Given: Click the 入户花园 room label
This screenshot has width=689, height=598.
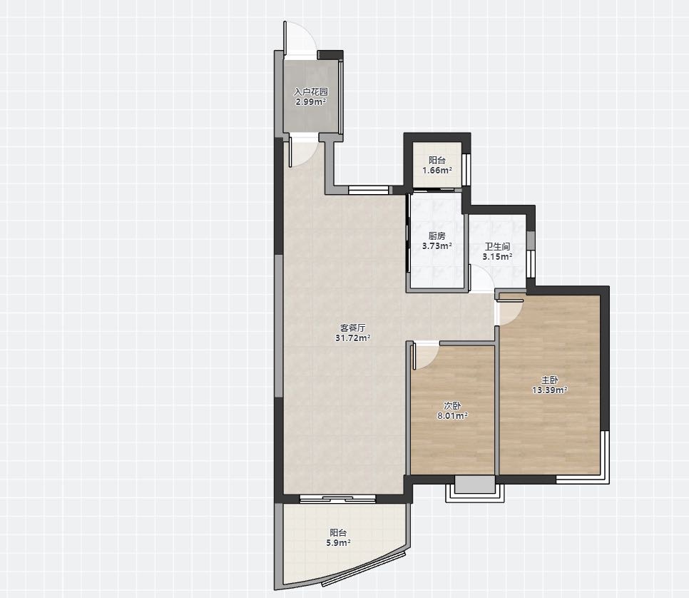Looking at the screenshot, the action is [x=311, y=92].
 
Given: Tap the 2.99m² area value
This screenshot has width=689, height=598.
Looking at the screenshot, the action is [x=311, y=102].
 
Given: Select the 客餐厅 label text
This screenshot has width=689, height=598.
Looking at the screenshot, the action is [x=353, y=328].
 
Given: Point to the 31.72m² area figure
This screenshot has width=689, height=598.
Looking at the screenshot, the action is [x=353, y=338].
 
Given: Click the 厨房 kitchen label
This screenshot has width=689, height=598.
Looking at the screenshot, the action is [x=437, y=236].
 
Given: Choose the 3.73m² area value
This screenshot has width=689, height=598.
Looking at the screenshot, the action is [x=437, y=246].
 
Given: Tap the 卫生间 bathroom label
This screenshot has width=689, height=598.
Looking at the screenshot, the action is [x=497, y=247].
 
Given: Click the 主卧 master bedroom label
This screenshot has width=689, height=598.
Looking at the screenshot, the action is [x=549, y=380].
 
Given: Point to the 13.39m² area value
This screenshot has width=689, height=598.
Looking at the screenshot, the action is [x=549, y=390].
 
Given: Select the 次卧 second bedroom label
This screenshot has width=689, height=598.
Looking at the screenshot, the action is [x=452, y=405].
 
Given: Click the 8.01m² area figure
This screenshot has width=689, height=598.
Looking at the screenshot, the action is [x=452, y=415].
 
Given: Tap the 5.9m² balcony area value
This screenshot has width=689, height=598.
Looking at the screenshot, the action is [x=338, y=543].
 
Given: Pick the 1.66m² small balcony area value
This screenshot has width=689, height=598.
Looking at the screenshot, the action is [x=437, y=170].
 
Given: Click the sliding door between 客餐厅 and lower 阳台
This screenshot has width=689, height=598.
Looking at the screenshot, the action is [x=337, y=499].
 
